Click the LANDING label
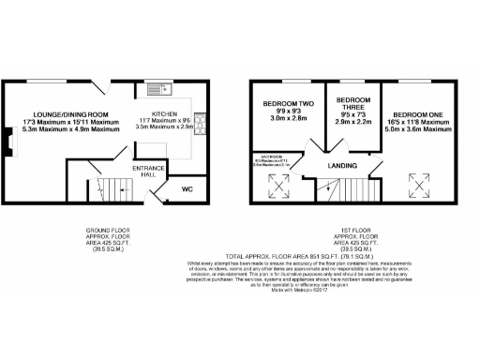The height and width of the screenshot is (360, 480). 341,168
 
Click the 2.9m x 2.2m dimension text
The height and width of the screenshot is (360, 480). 352,123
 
